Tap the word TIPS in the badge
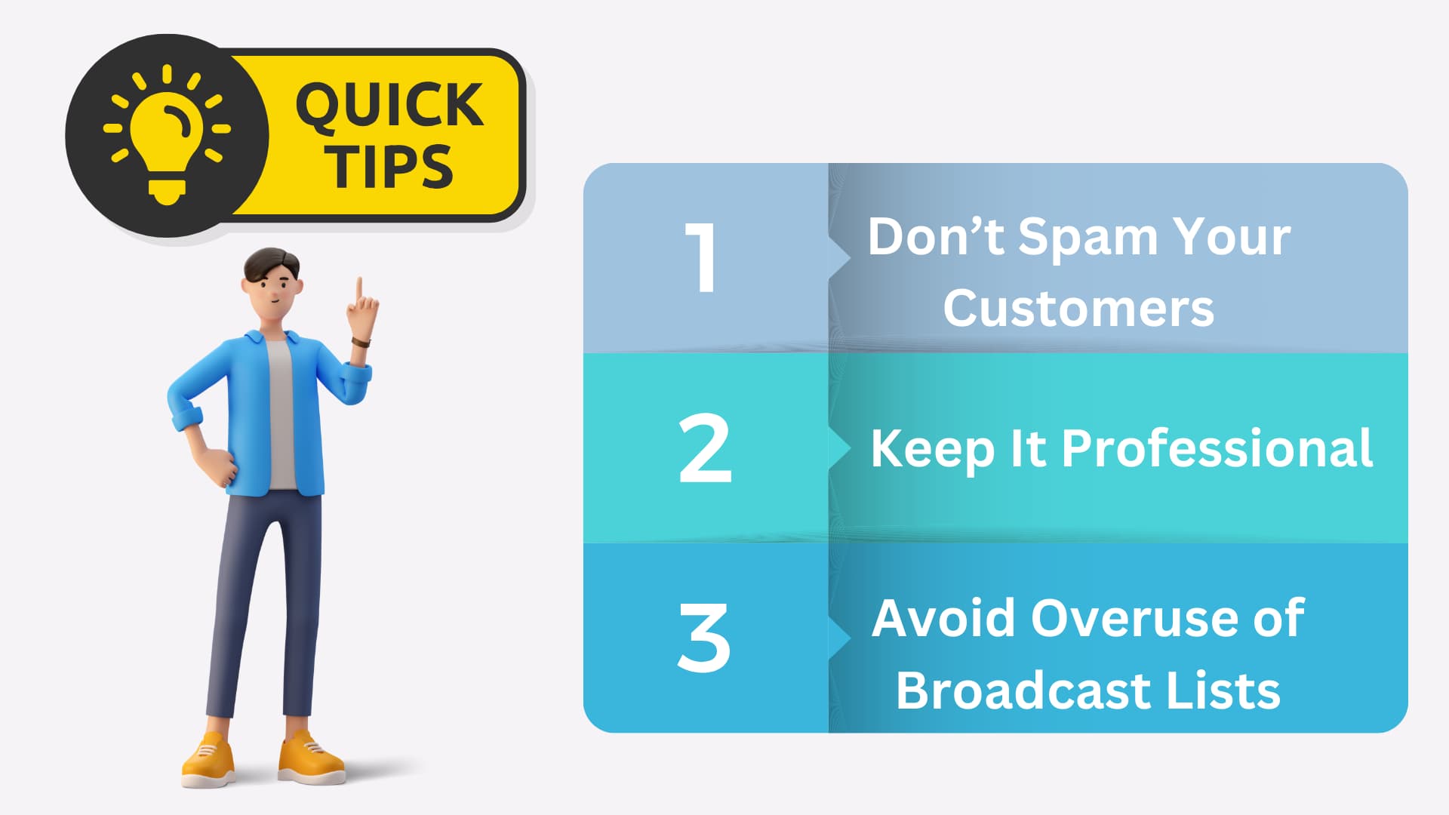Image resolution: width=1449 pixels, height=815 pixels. pyautogui.click(x=389, y=166)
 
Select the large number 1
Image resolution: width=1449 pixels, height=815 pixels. pyautogui.click(x=701, y=257)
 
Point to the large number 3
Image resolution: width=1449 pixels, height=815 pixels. pyautogui.click(x=703, y=637)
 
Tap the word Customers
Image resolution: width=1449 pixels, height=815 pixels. pyautogui.click(x=1078, y=309)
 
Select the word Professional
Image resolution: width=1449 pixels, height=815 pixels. pyautogui.click(x=1217, y=449)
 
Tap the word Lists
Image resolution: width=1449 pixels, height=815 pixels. pyautogui.click(x=1223, y=690)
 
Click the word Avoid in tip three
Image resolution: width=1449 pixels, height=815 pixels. pyautogui.click(x=943, y=619)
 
